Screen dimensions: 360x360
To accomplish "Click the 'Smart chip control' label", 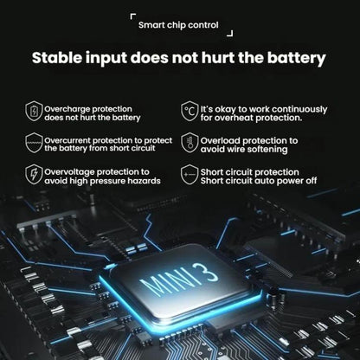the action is coord(178,25).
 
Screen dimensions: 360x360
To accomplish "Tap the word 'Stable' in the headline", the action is coord(57,58).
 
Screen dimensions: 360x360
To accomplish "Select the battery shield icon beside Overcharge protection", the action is coord(34,111).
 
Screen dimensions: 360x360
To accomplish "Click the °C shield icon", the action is coord(190,111).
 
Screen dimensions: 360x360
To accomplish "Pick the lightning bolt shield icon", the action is coord(34,174).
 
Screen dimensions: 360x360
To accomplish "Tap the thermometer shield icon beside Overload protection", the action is coord(190,143).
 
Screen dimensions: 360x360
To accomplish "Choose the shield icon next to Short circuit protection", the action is coord(190,175).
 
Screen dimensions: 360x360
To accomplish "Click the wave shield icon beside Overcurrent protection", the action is coord(34,143).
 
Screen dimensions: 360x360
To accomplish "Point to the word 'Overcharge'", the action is coord(67,110).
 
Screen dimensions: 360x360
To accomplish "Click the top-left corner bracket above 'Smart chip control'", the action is coord(132,16).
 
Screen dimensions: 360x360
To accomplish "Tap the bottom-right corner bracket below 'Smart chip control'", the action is coord(230,34).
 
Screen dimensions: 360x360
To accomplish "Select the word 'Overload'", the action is coord(220,141).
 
